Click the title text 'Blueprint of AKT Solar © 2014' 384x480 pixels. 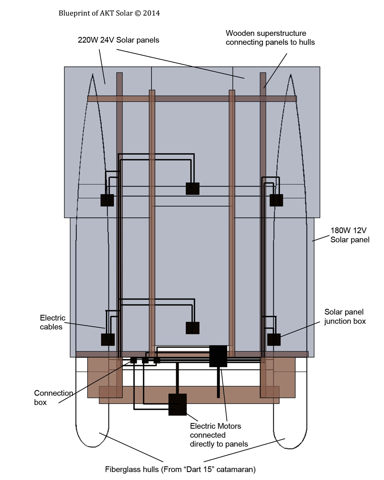109,13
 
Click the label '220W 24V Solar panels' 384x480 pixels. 118,40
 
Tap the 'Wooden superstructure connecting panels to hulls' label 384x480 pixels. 270,38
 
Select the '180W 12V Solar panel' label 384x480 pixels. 350,235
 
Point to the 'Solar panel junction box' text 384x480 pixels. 345,316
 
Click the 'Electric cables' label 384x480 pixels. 53,322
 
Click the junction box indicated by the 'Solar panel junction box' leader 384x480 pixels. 274,340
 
